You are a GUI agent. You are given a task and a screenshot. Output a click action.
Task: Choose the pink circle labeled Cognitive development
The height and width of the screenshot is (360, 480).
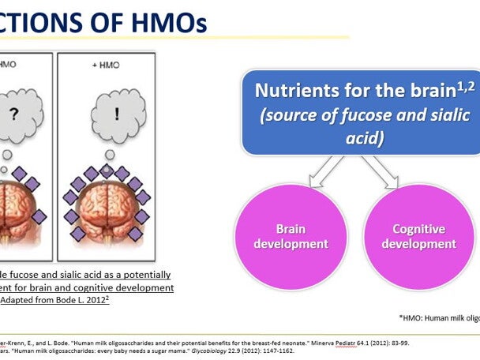point(418,236)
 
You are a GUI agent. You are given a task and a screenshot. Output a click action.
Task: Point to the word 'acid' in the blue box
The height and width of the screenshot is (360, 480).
point(362,137)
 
